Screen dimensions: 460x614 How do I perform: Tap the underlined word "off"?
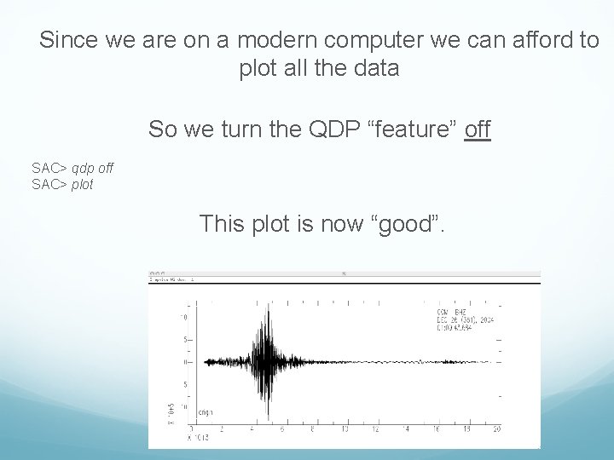click(x=478, y=129)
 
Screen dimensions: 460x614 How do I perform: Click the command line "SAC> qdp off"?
click(x=72, y=169)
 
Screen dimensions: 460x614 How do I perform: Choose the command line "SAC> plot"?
click(x=62, y=184)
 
